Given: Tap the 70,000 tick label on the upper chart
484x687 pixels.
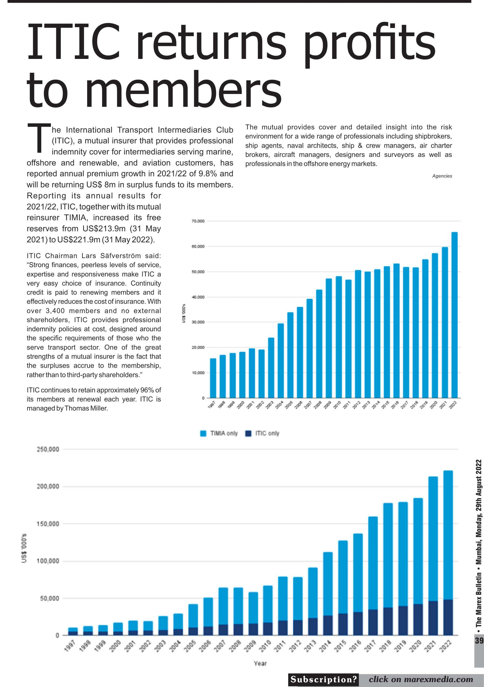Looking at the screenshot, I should point(198,221).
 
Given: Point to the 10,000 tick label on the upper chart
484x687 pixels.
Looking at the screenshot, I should point(198,373).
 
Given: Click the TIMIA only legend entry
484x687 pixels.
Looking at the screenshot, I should point(219,433).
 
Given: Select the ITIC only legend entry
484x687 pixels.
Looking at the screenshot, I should point(262,433).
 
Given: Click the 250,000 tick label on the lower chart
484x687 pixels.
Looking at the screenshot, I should point(48,449).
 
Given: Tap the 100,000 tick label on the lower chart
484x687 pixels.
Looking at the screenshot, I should point(48,561).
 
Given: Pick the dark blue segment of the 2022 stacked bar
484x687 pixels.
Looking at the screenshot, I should point(448,617).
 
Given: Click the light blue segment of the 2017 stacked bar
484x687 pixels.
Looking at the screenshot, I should point(373,563).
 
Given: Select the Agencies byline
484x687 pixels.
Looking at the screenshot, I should point(442,176).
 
